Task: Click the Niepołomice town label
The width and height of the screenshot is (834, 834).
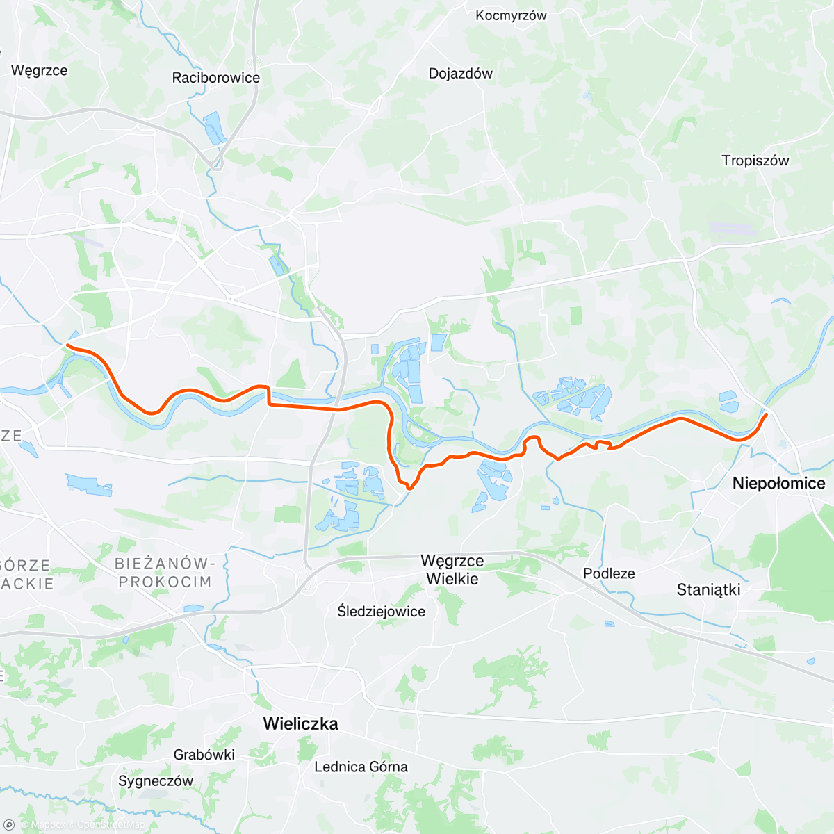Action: tap(778, 484)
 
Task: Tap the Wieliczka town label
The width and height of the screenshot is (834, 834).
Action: tap(300, 724)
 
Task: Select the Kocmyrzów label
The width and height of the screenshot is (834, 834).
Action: tap(511, 15)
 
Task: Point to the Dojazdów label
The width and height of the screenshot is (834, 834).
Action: tap(460, 74)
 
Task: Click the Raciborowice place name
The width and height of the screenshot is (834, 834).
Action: tap(215, 78)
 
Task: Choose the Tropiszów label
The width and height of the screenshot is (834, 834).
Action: tap(755, 161)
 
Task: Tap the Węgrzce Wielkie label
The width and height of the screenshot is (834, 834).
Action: tap(452, 570)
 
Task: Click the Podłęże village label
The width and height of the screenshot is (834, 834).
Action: tap(609, 574)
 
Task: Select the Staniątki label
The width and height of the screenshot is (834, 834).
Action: tap(708, 590)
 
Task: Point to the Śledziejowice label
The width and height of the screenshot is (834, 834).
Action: tap(381, 612)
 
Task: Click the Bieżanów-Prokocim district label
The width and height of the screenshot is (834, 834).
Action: tap(165, 573)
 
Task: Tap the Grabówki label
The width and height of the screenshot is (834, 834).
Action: tap(204, 755)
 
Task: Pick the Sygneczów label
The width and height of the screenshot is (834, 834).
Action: tap(156, 781)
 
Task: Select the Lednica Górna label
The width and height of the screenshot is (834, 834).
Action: tap(361, 767)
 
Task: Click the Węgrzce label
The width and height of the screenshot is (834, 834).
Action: tap(39, 70)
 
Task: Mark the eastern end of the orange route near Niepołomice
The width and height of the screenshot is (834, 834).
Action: tap(766, 415)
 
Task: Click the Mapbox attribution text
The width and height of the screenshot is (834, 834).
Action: tap(47, 825)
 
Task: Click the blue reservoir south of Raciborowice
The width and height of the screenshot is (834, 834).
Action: tap(214, 129)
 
